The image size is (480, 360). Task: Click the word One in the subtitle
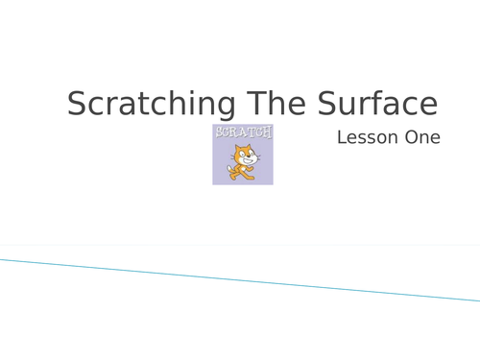422,137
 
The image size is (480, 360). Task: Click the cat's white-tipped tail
228,171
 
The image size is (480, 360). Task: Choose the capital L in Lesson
342,137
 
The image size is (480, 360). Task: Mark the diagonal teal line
240,279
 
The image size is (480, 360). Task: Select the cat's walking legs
244,174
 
